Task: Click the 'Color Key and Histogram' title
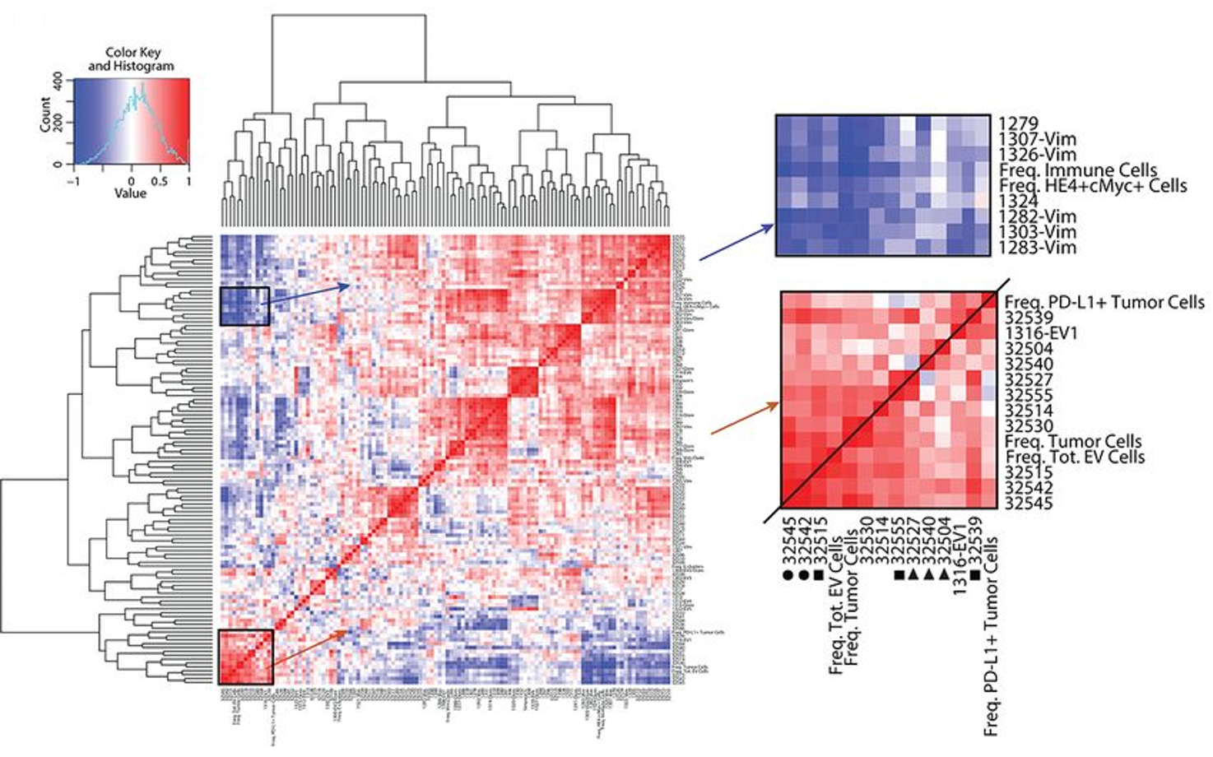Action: click(132, 59)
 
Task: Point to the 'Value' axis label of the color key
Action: click(130, 193)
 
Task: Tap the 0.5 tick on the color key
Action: click(160, 181)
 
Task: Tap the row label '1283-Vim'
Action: click(1037, 247)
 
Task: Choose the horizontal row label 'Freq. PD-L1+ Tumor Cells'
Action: click(1104, 303)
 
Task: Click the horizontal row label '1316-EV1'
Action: click(1041, 333)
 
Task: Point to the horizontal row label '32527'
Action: click(1029, 379)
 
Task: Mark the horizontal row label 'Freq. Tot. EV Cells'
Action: click(1075, 457)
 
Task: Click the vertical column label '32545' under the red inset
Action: click(788, 542)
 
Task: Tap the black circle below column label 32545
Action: click(788, 575)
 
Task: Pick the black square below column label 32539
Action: click(975, 575)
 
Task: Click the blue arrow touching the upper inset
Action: click(737, 243)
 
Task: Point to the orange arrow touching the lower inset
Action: click(744, 418)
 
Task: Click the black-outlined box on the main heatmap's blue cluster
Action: click(244, 306)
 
